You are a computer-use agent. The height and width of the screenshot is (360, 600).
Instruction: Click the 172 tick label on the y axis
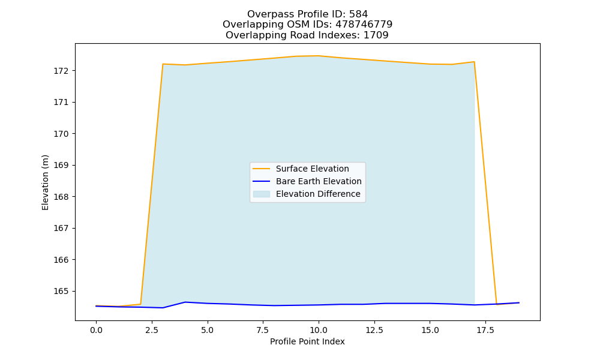click(61, 71)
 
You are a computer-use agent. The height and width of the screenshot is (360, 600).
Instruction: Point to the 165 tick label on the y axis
click(61, 291)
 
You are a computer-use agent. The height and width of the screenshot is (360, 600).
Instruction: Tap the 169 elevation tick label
click(61, 165)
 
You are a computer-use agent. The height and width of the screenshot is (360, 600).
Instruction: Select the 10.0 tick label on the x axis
click(319, 330)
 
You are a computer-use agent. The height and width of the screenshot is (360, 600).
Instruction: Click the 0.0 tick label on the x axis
click(96, 330)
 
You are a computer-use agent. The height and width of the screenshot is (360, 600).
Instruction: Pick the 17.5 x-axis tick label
click(485, 330)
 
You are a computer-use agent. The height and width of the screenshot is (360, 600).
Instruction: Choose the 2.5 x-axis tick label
click(152, 330)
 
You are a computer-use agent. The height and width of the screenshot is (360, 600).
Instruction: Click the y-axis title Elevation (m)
click(45, 182)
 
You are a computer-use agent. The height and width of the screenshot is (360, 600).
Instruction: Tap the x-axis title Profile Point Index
click(307, 341)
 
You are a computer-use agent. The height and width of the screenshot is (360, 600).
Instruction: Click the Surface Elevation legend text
click(312, 169)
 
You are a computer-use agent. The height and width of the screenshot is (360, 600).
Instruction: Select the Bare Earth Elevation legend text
click(319, 181)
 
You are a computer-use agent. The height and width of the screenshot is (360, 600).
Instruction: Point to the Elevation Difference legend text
click(318, 194)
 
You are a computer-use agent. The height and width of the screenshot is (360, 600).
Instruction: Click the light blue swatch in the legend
click(262, 194)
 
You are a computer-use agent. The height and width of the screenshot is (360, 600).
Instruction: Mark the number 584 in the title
click(359, 14)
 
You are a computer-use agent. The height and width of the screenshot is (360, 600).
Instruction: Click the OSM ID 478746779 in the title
click(364, 25)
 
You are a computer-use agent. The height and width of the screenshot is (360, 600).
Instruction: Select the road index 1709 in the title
click(376, 35)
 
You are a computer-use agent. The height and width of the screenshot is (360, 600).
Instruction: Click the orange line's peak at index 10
click(319, 56)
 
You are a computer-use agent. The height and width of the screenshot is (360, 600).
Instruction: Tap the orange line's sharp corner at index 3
click(163, 64)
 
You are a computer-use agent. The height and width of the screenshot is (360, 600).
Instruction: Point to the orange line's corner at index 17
click(475, 62)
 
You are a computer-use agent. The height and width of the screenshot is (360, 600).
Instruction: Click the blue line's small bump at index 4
click(185, 302)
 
